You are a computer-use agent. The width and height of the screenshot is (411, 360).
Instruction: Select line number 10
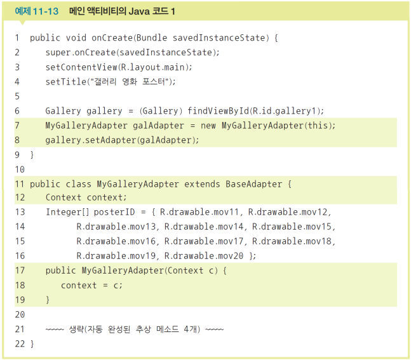(18, 170)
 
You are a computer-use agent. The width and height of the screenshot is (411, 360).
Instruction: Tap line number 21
(18, 329)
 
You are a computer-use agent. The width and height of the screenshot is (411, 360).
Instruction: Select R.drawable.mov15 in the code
(293, 227)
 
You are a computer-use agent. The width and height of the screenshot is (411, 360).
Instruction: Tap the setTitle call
(67, 81)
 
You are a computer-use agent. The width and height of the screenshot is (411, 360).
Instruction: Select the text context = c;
(91, 285)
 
